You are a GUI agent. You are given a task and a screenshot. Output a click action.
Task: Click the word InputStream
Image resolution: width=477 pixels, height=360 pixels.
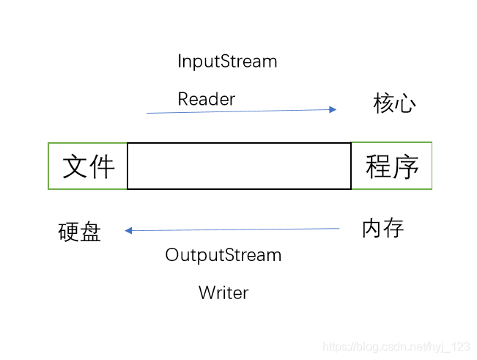point(227,62)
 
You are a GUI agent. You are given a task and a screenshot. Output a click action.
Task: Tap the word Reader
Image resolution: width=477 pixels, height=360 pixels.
point(206,99)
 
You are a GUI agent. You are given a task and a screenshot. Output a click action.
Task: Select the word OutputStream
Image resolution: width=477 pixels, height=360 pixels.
point(223,255)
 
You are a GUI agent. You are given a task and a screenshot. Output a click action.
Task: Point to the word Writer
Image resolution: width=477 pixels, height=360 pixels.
point(223,293)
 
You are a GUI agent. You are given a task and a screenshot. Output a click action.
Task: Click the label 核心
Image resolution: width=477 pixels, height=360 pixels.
point(394,104)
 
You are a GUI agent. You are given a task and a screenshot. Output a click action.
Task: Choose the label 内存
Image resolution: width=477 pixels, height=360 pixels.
point(383,228)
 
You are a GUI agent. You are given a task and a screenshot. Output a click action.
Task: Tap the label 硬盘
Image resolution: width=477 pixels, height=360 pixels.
point(79,232)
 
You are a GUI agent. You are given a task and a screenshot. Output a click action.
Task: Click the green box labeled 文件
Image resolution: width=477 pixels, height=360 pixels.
point(88,166)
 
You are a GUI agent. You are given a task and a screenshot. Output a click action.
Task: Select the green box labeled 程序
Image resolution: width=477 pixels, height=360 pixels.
point(392,166)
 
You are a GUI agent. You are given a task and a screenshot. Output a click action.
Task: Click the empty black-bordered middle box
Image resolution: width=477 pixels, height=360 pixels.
point(239,166)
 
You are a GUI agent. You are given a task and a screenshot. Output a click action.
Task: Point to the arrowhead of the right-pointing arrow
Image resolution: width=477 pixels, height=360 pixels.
point(333,109)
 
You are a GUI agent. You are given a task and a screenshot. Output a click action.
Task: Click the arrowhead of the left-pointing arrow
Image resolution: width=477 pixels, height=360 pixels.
point(128,230)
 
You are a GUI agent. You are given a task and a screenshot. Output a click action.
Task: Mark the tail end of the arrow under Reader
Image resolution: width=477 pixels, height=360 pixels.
point(148,113)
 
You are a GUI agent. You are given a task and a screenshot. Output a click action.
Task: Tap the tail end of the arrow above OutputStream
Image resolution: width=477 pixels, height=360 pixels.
point(339,229)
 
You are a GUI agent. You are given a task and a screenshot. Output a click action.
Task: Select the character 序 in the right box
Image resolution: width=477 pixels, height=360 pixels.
point(406,166)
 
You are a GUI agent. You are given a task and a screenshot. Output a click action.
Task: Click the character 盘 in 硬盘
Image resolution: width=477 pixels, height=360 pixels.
point(90,232)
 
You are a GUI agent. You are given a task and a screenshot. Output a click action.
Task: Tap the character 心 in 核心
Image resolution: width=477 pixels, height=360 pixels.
point(405,104)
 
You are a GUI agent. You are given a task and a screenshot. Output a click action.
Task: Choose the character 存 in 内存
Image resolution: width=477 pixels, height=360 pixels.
point(393,228)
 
